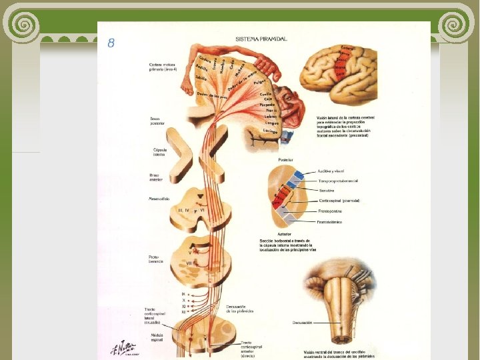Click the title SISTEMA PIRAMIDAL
tap(261, 39)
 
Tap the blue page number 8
tap(111, 43)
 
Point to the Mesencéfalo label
tap(159, 198)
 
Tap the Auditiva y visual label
tap(333, 171)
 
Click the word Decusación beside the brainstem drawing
tap(302, 322)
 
